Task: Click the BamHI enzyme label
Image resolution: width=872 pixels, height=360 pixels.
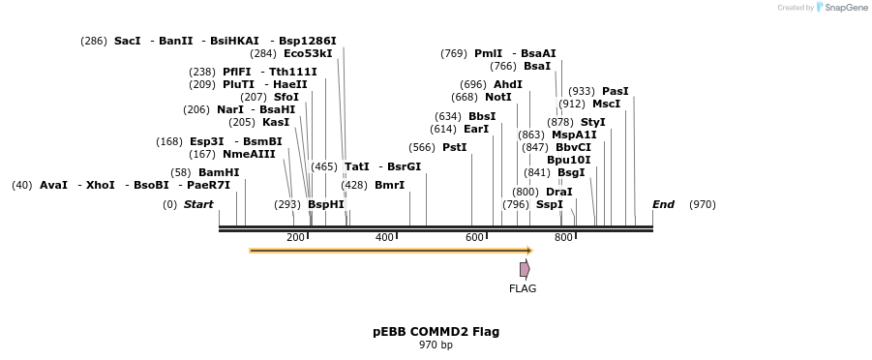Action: click(x=219, y=172)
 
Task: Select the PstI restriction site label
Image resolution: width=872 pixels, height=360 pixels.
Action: click(x=454, y=147)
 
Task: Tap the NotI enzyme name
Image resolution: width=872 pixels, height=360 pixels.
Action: click(x=497, y=97)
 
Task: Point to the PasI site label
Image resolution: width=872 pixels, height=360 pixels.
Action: click(x=615, y=91)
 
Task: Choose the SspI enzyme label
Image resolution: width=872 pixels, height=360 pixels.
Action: click(x=549, y=204)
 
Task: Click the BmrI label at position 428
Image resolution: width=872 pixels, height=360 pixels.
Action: click(x=389, y=185)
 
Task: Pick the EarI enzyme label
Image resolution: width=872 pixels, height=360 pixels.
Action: click(x=476, y=129)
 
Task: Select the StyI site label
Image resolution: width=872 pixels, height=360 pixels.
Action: click(x=592, y=122)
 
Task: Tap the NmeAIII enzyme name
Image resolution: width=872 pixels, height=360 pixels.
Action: click(x=249, y=154)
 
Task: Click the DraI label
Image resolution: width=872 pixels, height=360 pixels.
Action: click(x=558, y=192)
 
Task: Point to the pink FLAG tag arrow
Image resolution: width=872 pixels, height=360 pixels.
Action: click(x=525, y=269)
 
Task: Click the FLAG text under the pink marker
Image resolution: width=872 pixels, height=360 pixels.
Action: click(x=523, y=288)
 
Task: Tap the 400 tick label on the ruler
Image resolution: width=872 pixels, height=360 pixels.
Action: click(x=384, y=238)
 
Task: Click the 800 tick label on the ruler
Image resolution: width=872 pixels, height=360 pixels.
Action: click(x=563, y=238)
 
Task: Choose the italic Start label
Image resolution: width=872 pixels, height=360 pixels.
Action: click(x=198, y=204)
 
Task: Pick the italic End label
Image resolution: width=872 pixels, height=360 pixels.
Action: click(x=663, y=204)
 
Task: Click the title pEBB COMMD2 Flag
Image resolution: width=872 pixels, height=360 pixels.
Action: click(x=436, y=332)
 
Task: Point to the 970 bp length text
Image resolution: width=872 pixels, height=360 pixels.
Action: click(x=436, y=345)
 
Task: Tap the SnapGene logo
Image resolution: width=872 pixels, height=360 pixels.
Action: click(x=837, y=8)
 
